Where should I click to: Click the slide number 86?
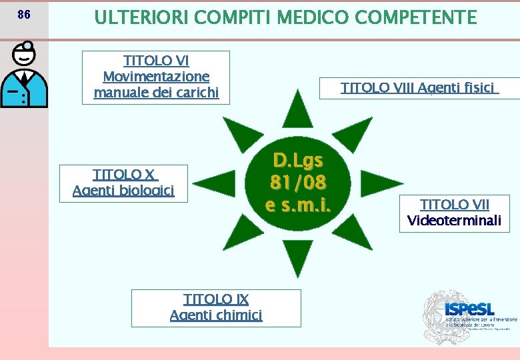click(x=23, y=15)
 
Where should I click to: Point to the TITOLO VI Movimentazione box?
click(x=156, y=77)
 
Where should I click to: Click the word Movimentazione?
click(x=156, y=77)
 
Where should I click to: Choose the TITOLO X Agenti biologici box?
click(x=124, y=183)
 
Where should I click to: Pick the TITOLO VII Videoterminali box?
click(x=454, y=213)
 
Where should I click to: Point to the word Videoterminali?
click(x=454, y=221)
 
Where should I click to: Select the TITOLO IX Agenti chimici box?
click(x=216, y=307)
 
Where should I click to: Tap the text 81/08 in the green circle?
click(x=298, y=182)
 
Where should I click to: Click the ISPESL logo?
click(x=469, y=312)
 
